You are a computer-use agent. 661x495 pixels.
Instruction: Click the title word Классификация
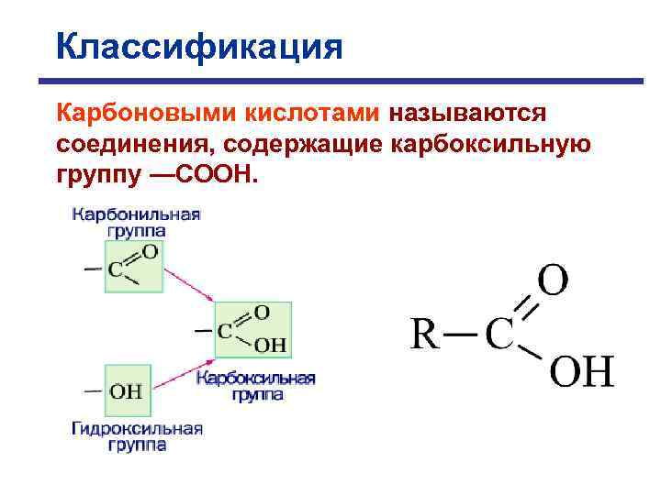point(198,46)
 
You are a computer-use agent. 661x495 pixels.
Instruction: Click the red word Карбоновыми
point(147,114)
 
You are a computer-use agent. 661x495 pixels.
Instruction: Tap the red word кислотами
point(312,114)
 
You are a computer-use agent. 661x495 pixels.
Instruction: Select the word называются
point(468,114)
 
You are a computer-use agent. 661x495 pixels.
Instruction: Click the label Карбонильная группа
point(136,223)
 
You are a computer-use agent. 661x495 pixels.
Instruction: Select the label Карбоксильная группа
point(257,386)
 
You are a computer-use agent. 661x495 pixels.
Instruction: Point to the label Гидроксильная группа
point(137,436)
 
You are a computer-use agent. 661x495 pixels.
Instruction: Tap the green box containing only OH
point(127,391)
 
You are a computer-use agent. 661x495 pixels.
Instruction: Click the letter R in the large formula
point(423,335)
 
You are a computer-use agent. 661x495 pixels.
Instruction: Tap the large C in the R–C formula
point(499,335)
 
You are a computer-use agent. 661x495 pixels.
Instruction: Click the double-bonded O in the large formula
point(553,281)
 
